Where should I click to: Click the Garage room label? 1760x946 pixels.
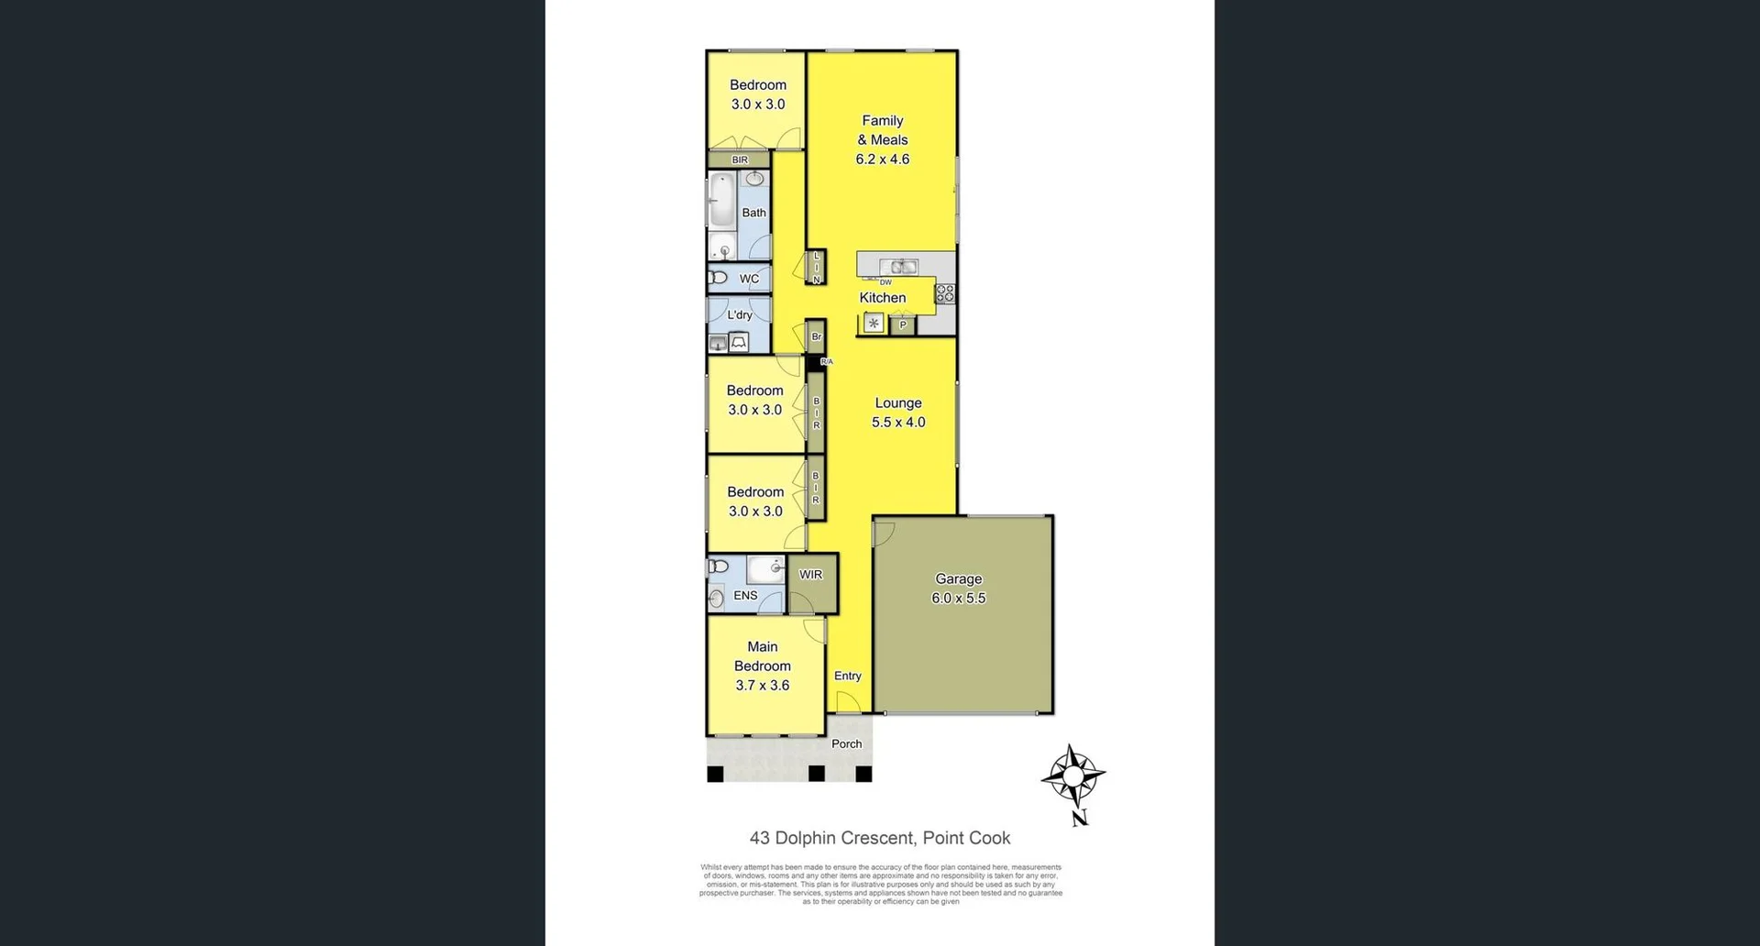point(958,588)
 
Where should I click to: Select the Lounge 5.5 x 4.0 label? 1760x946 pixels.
point(897,412)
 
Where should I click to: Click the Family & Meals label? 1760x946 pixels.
point(883,139)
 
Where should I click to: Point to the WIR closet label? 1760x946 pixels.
point(810,575)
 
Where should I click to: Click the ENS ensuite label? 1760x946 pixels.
point(745,595)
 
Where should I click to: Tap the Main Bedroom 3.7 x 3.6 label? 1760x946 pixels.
point(762,665)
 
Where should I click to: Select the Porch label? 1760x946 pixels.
point(846,743)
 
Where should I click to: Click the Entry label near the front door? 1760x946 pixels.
point(847,676)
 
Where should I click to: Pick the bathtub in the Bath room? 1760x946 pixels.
point(722,200)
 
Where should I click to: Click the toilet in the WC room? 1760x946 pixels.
point(718,277)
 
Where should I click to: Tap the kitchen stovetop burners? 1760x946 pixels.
point(945,293)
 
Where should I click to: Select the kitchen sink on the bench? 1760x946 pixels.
point(902,267)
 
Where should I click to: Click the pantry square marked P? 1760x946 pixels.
point(902,324)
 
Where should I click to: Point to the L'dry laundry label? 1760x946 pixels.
point(740,314)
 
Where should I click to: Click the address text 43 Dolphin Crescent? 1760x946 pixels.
point(879,838)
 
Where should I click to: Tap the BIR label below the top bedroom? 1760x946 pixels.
point(740,159)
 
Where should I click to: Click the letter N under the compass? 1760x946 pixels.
point(1080,818)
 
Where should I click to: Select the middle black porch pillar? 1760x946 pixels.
point(816,774)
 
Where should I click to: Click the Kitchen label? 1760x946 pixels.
point(882,297)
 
